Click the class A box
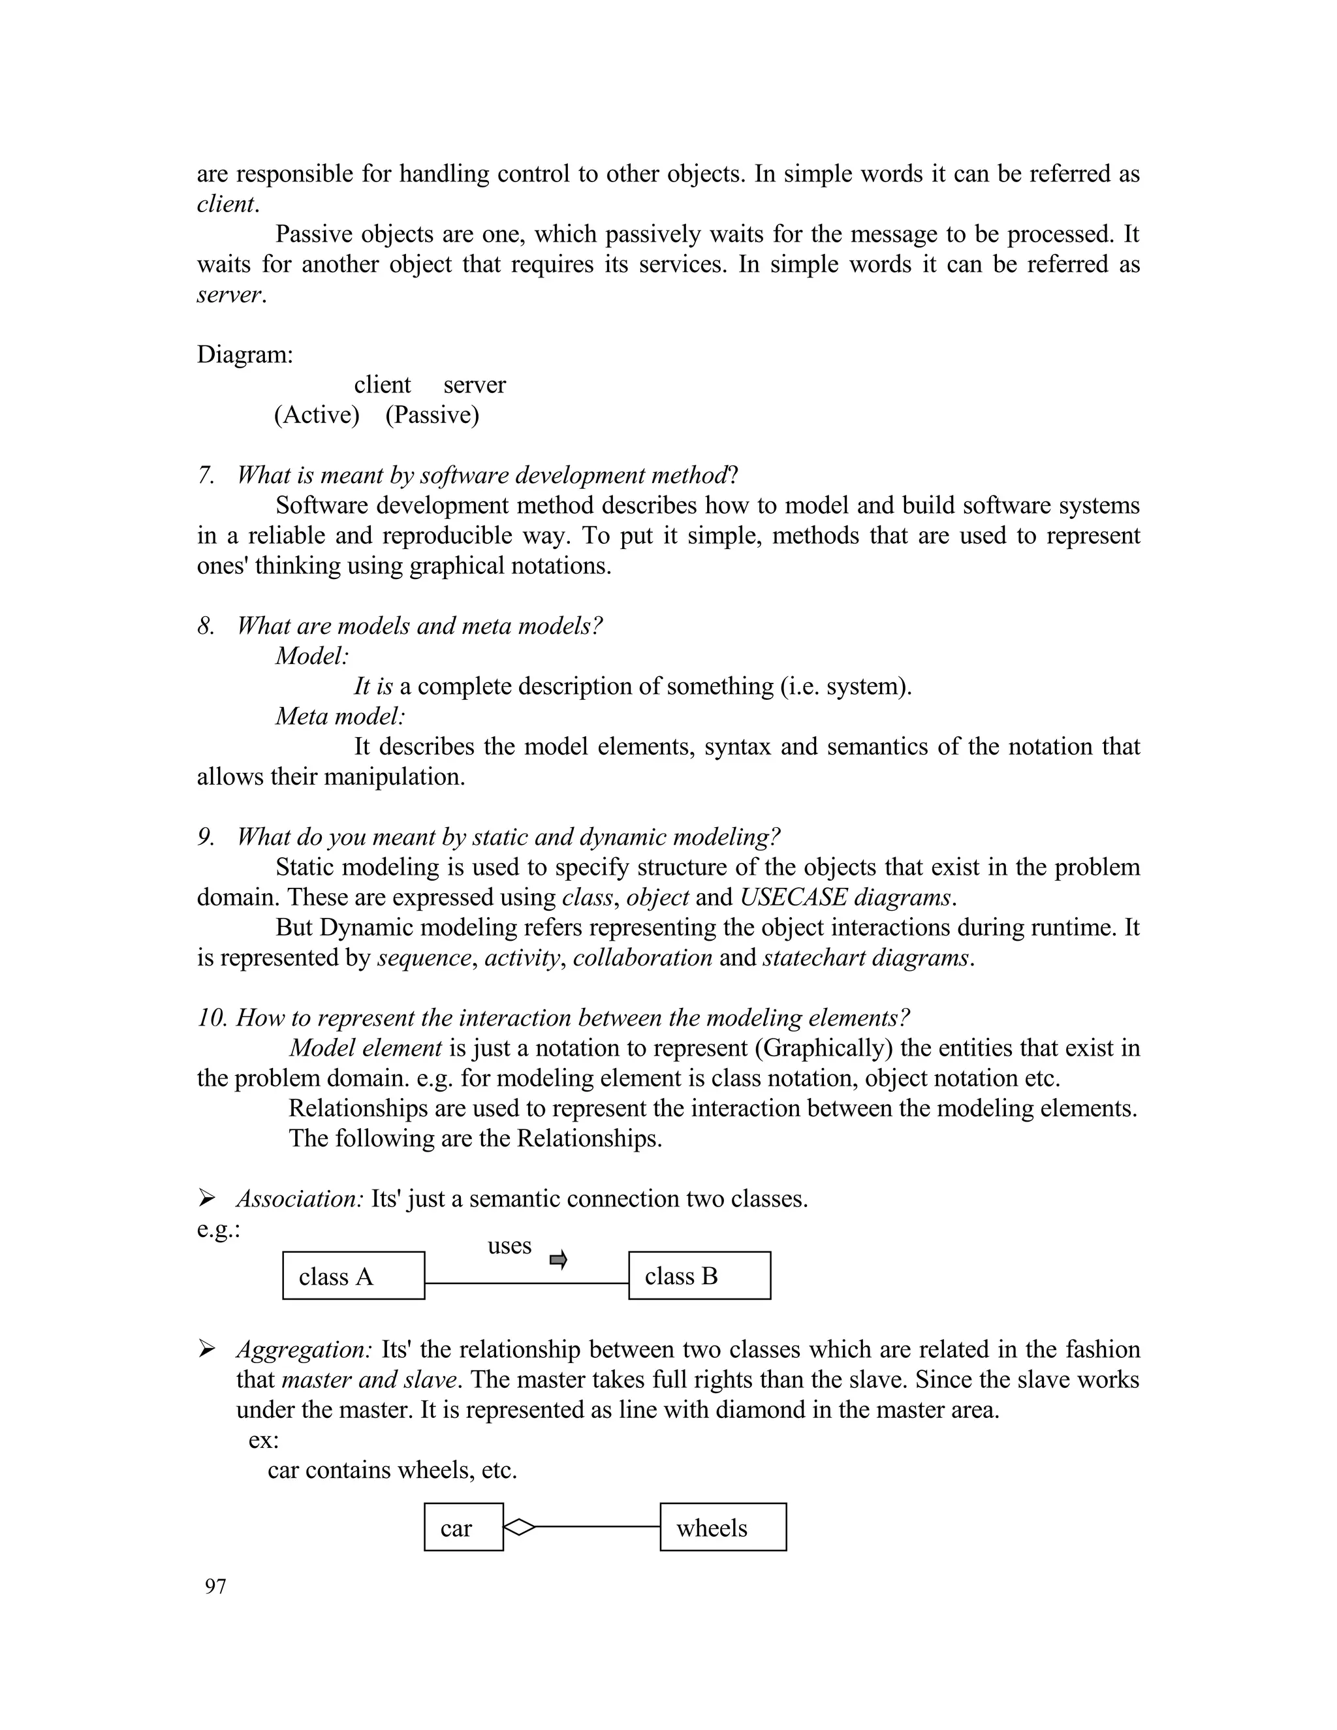tap(353, 1276)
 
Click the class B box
tap(699, 1276)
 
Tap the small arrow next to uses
tap(558, 1259)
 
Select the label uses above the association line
tap(509, 1246)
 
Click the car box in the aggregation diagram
tap(464, 1526)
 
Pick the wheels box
tap(723, 1526)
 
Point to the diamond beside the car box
tap(520, 1526)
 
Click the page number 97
tap(215, 1586)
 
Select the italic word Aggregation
tap(304, 1349)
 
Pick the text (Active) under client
tap(317, 415)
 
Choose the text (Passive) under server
tap(432, 415)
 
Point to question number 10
tap(212, 1018)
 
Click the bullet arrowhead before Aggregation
tap(207, 1348)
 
